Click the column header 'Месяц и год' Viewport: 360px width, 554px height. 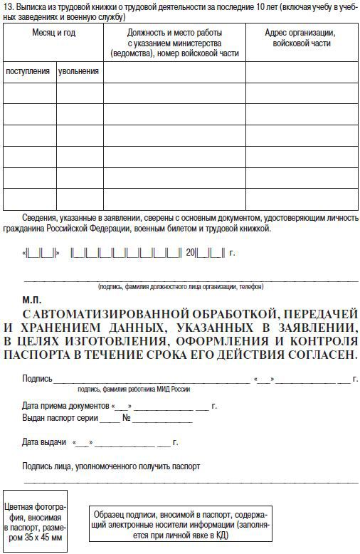pos(53,33)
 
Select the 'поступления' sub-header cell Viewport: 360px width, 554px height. pos(28,72)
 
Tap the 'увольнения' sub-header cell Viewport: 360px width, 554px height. pos(80,72)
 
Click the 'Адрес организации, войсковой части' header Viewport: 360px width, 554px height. pos(300,38)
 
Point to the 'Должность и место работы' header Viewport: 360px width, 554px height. pos(174,33)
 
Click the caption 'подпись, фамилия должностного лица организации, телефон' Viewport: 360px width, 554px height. pos(181,287)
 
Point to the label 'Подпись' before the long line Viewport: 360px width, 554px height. pos(37,379)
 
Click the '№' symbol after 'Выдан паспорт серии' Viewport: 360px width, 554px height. pos(127,418)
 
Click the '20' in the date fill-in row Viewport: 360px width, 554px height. pos(190,252)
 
